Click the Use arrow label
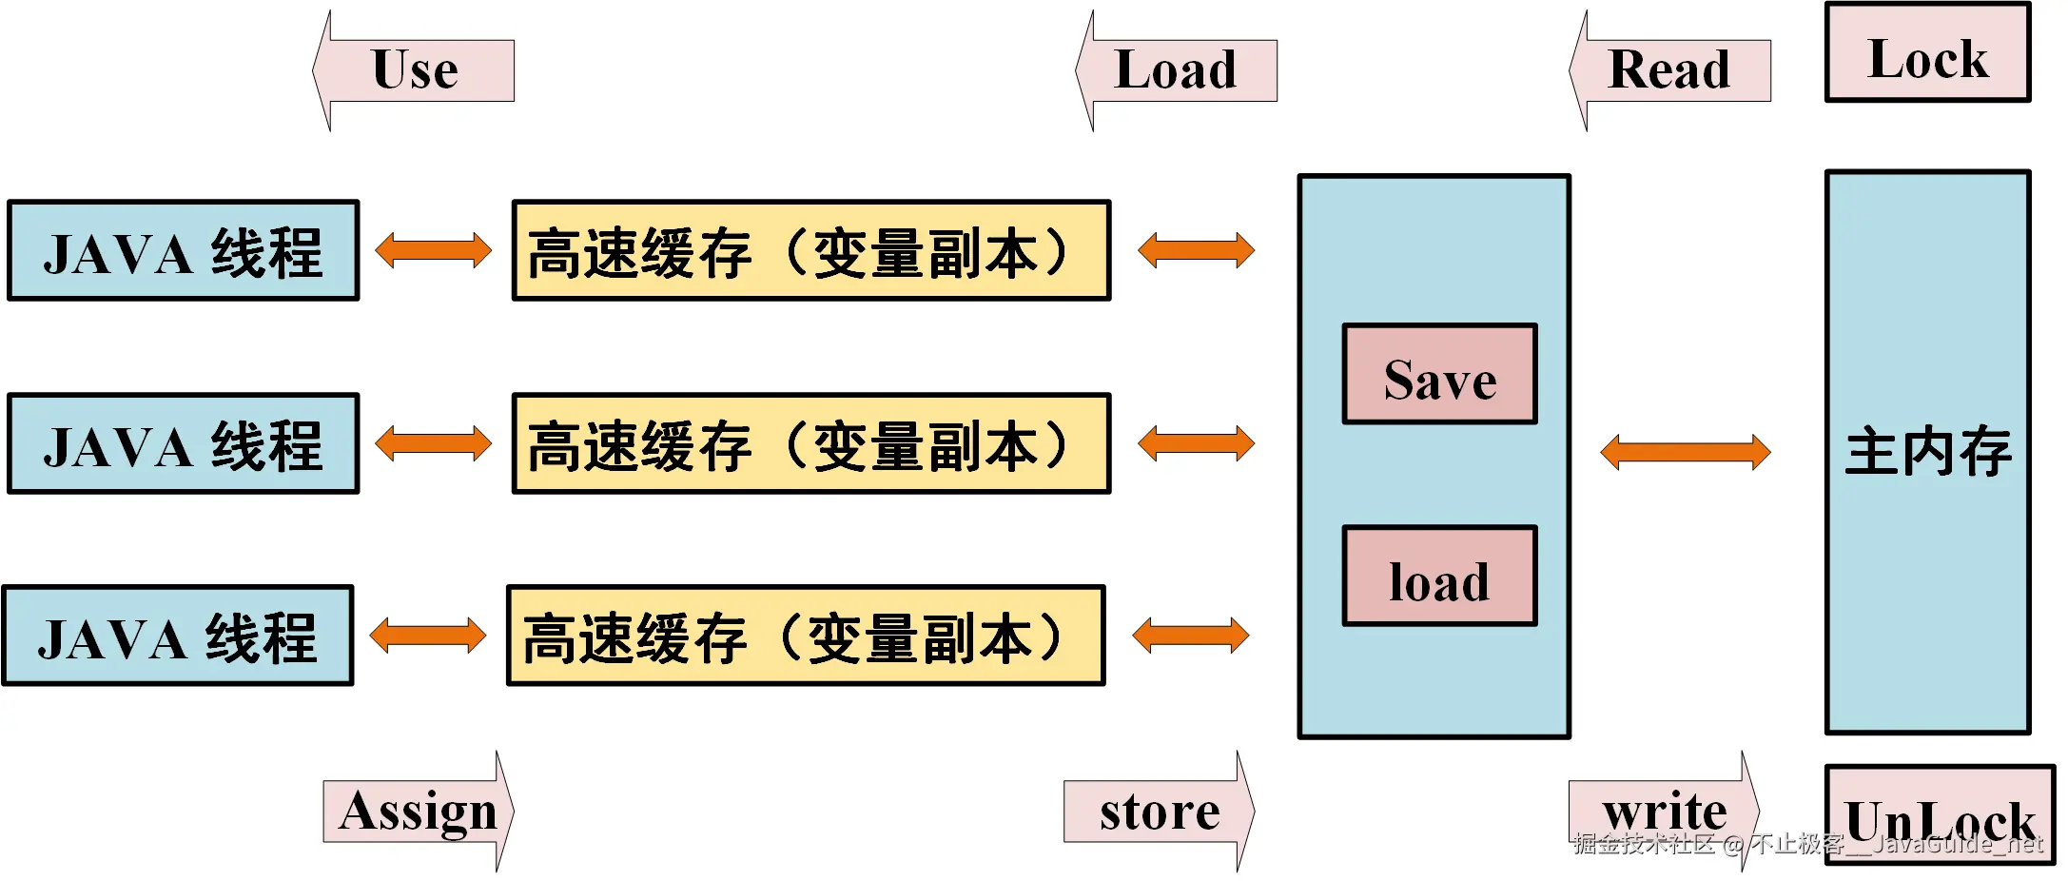[x=415, y=70]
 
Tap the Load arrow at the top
[x=1177, y=70]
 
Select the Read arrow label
[x=1670, y=70]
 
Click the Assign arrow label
[x=419, y=812]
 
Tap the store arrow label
[x=1160, y=812]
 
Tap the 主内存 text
[x=1928, y=452]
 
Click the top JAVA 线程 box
[x=183, y=251]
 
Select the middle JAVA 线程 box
[x=183, y=444]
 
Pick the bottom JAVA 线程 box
[x=178, y=636]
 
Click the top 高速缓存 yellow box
[x=810, y=251]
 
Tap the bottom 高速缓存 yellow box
[x=806, y=636]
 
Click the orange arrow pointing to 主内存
[x=1685, y=452]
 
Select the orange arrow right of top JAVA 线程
[x=433, y=251]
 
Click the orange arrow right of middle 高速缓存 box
[x=1196, y=444]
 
